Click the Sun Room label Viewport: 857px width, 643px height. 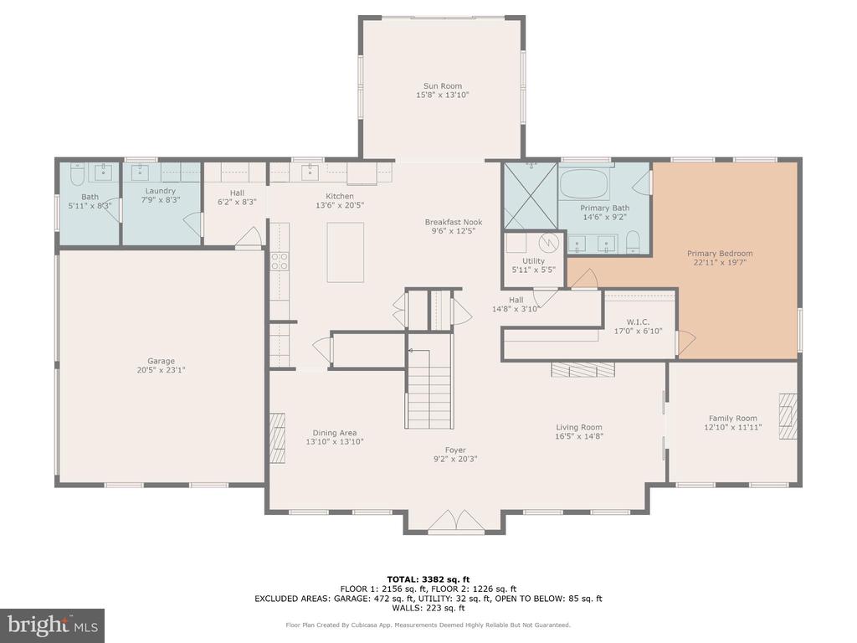(x=442, y=86)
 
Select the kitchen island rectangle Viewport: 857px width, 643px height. (x=345, y=253)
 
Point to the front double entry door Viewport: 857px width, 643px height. (x=455, y=522)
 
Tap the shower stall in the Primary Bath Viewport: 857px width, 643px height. (x=530, y=195)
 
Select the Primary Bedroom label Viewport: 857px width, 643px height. (x=720, y=254)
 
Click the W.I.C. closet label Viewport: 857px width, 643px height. (x=638, y=321)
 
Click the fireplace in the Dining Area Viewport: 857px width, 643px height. (x=277, y=433)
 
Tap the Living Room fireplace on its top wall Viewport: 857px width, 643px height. (x=582, y=369)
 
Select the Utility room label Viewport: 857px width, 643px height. (x=533, y=261)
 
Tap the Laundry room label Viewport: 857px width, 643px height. (x=160, y=191)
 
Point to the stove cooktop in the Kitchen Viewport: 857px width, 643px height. (x=280, y=262)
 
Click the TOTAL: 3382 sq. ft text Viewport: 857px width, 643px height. (x=428, y=579)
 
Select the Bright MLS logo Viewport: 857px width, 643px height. (x=52, y=625)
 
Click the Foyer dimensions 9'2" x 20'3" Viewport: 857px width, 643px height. (x=455, y=459)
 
